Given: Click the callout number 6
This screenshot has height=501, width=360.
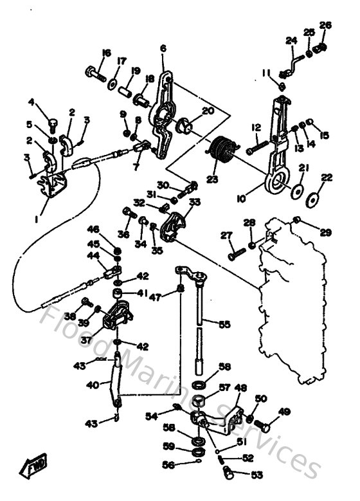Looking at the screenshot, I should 163,48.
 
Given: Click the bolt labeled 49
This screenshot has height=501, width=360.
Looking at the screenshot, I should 264,425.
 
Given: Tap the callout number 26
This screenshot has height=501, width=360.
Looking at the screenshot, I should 325,25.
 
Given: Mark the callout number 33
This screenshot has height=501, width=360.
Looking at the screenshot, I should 194,201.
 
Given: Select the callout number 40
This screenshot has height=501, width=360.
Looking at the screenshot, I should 93,385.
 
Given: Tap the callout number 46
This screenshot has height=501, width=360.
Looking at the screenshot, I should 94,228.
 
